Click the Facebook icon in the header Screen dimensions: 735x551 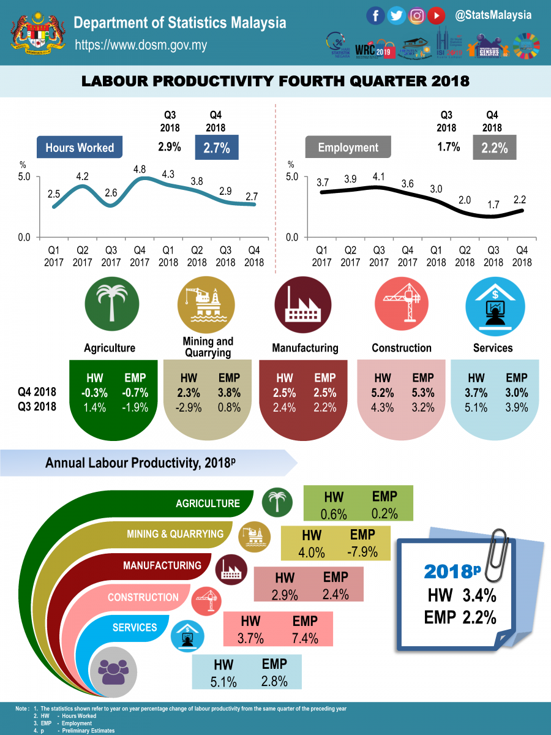click(x=375, y=15)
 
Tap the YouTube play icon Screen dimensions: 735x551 click(x=437, y=15)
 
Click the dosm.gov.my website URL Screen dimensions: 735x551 click(x=141, y=45)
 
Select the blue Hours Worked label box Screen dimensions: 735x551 click(x=80, y=148)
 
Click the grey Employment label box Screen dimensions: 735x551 click(x=348, y=148)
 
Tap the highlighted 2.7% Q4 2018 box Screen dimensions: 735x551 click(x=217, y=148)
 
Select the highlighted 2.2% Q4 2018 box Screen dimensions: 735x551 click(x=493, y=148)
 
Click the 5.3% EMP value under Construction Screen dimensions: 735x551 click(x=423, y=393)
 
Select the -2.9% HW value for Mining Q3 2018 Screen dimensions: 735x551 click(x=189, y=407)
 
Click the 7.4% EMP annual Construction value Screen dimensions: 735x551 click(x=304, y=638)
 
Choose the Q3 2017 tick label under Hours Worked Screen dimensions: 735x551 click(x=111, y=256)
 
